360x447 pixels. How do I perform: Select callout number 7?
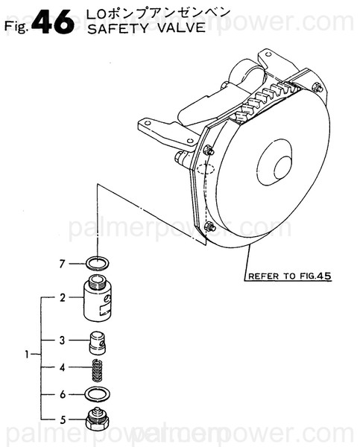tap(63, 262)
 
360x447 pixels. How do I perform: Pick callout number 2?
tap(63, 297)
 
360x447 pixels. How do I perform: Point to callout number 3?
tap(63, 341)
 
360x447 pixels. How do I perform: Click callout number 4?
tap(63, 367)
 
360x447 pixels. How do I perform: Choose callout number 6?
tap(63, 393)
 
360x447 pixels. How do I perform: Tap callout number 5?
tap(63, 419)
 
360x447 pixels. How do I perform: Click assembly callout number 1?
tap(27, 354)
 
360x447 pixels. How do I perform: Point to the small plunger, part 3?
tap(97, 343)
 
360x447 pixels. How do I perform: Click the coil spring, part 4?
tap(97, 369)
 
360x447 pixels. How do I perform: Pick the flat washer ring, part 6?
tap(97, 393)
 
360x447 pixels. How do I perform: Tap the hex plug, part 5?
tap(97, 420)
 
